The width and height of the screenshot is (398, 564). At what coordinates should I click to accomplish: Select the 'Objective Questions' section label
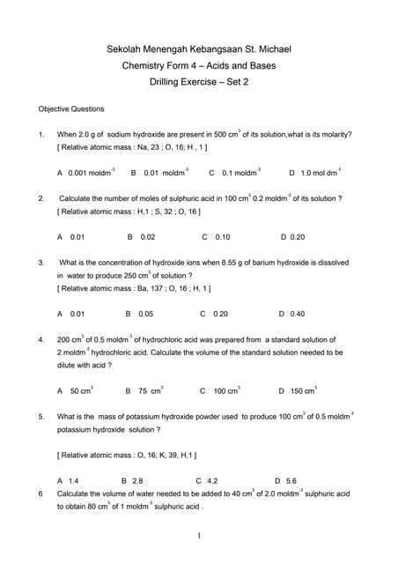(x=71, y=109)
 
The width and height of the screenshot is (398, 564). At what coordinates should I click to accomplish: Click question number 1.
(x=41, y=135)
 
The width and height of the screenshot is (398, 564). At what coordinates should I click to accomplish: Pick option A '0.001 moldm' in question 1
(x=86, y=174)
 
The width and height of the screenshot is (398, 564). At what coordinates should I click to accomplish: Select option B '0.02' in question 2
(x=141, y=237)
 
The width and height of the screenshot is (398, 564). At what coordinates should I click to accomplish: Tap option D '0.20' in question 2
(x=292, y=237)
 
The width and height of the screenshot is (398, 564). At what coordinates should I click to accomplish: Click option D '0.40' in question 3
(x=291, y=314)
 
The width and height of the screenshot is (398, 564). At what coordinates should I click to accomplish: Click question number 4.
(x=41, y=339)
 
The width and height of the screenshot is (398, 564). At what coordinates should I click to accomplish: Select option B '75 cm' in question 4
(x=144, y=390)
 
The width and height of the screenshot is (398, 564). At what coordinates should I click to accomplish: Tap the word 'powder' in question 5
(x=201, y=416)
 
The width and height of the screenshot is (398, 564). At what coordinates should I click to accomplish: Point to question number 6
(x=41, y=494)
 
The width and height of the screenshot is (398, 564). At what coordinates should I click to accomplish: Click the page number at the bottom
(x=200, y=537)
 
